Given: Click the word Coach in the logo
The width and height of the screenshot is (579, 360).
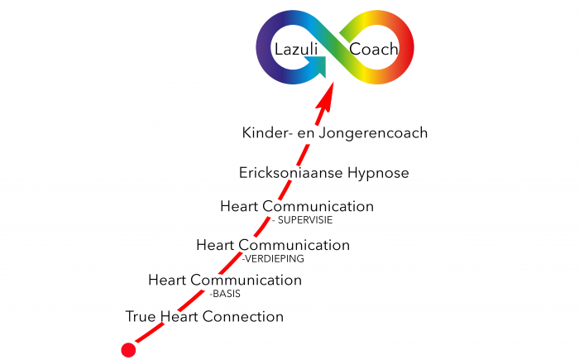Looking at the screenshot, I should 374,50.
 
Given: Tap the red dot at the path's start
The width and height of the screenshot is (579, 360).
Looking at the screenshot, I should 128,349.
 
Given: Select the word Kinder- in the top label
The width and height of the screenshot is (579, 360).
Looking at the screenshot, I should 266,132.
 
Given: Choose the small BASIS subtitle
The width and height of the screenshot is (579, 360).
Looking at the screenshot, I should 225,293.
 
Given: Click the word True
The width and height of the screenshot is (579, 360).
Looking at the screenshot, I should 141,317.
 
